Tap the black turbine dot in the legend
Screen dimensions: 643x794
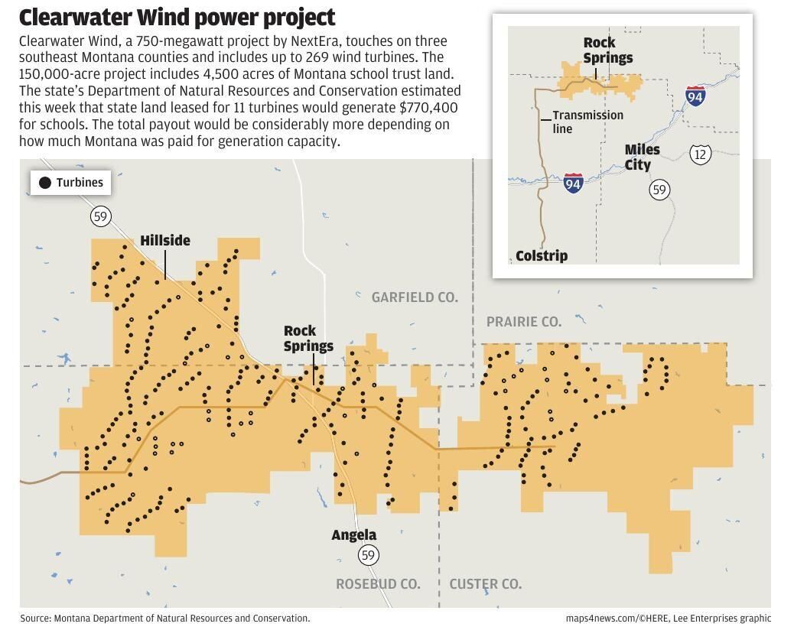tap(45, 183)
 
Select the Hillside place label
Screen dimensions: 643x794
tap(165, 241)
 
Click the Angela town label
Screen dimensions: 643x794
tap(353, 535)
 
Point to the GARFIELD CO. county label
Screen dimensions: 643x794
tap(415, 297)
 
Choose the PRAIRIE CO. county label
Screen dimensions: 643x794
tap(524, 322)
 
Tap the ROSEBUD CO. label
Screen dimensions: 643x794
tap(378, 584)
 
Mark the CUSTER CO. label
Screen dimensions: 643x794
tap(486, 584)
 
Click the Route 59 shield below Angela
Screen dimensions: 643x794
tap(368, 555)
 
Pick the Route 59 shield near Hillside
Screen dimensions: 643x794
tap(100, 216)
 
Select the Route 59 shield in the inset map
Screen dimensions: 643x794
tap(659, 189)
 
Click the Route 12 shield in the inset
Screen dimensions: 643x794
tap(700, 154)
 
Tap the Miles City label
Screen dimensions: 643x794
tap(641, 158)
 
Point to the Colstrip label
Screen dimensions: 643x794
tap(542, 256)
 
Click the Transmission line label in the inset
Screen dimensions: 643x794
tap(587, 122)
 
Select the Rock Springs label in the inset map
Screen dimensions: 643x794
tap(608, 50)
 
